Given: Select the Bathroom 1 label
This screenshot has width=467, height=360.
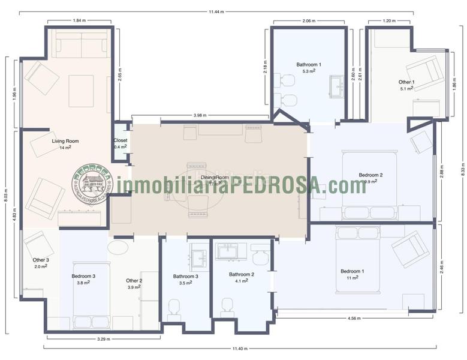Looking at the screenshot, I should tap(309, 64).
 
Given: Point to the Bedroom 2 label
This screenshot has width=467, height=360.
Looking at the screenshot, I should tap(370, 175).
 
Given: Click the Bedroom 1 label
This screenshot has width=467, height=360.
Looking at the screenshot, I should tap(352, 271).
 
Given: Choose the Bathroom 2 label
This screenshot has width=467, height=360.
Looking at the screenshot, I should tap(242, 274).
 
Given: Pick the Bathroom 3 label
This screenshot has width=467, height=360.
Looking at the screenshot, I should tap(185, 277).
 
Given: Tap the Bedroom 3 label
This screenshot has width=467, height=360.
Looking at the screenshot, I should tap(83, 276).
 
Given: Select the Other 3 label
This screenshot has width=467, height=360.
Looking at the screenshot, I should tap(41, 260).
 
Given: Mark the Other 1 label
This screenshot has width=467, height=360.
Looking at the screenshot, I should tap(406, 82).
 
